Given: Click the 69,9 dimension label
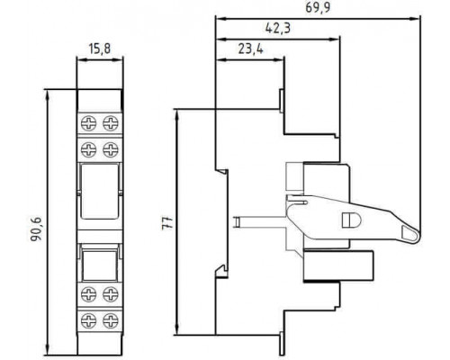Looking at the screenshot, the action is point(318,7).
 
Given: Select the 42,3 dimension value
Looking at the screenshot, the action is point(278,28).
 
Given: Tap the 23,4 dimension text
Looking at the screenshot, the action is point(251,49).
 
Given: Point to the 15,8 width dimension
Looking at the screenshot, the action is point(100,49).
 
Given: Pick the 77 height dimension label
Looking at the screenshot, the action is point(167,222).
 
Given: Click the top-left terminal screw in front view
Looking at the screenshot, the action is point(89,122).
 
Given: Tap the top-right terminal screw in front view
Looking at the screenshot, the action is point(111,122).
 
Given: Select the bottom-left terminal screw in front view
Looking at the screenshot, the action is point(89,320).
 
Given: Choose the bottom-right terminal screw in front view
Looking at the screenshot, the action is point(111,320).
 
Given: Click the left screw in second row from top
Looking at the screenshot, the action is point(89,149).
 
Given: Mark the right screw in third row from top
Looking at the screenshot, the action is point(111,294).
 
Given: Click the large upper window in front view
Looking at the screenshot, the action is point(100,191).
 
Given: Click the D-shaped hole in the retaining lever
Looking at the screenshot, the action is point(351,220).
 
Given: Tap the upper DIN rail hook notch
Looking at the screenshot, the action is point(222,172).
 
